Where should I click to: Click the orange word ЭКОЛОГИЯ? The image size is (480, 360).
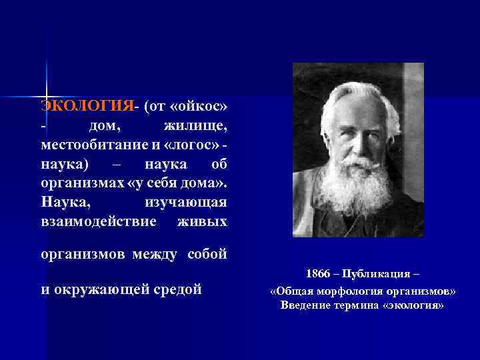coord(87,107)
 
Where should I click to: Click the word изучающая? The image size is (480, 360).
coord(185,201)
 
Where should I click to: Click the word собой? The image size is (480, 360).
coord(208,254)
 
